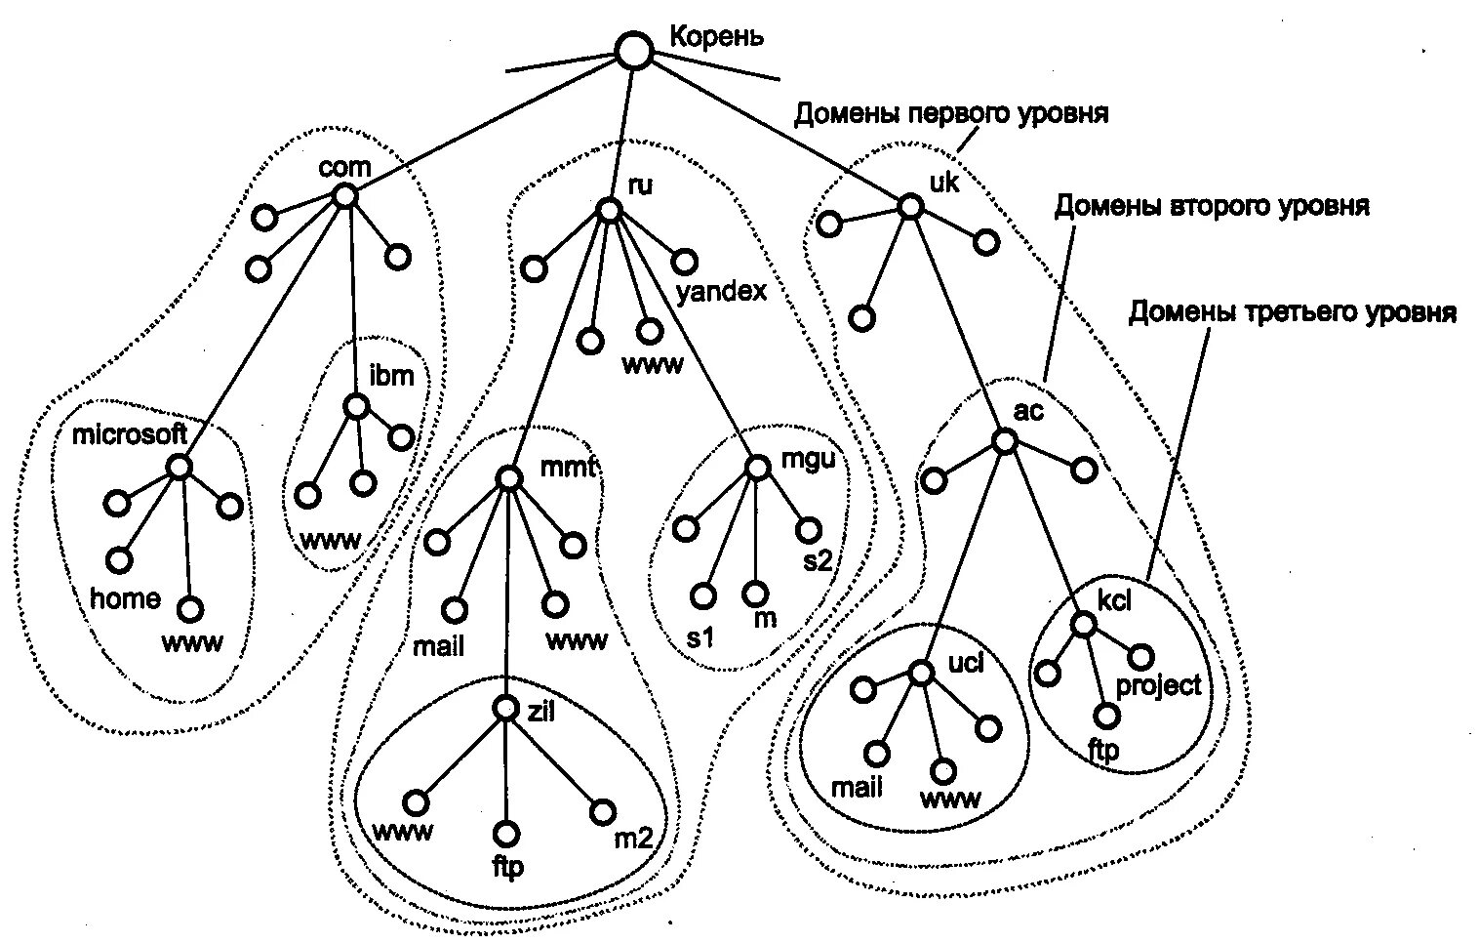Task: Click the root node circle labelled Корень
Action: point(635,51)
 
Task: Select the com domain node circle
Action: point(344,196)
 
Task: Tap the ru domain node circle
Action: point(609,210)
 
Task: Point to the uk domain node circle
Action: point(910,206)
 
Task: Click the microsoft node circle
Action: point(179,467)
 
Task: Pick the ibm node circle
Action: point(357,405)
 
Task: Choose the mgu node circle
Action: point(757,468)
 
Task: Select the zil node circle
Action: point(505,709)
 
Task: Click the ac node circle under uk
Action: point(1004,442)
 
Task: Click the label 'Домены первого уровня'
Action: point(951,114)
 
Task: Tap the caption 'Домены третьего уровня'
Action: point(1292,312)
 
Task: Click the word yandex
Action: point(722,292)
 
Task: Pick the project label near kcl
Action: point(1158,685)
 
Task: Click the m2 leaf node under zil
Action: point(603,811)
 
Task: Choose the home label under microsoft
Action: point(125,598)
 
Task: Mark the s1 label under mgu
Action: point(700,637)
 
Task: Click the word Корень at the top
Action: point(716,37)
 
